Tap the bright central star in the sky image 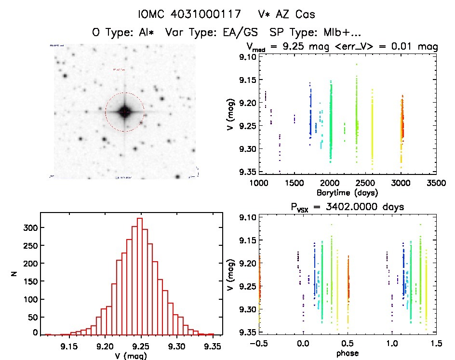pyautogui.click(x=124, y=112)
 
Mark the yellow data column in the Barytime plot pyautogui.click(x=372, y=130)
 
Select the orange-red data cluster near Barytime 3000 pyautogui.click(x=402, y=120)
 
